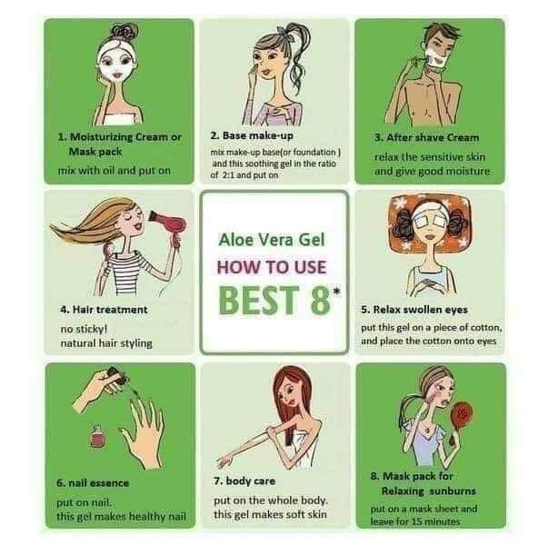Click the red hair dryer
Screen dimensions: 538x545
pos(171,228)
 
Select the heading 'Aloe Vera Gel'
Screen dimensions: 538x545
pos(272,240)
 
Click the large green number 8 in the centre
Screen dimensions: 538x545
pos(320,300)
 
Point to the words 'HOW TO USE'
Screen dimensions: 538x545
pos(272,267)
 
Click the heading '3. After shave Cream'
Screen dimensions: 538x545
pos(427,137)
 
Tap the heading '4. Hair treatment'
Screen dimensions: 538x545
pos(104,310)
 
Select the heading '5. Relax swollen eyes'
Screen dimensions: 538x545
pos(414,310)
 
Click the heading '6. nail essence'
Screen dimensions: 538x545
pos(93,483)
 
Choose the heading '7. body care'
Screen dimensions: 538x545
pos(244,481)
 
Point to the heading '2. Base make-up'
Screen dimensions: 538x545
pos(252,135)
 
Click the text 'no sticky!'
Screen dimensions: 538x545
pos(84,329)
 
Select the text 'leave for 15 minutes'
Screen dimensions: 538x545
pos(415,521)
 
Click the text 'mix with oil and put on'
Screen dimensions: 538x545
pos(115,171)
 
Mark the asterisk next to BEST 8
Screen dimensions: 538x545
pos(336,292)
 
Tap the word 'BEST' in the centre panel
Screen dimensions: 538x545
pos(259,300)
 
